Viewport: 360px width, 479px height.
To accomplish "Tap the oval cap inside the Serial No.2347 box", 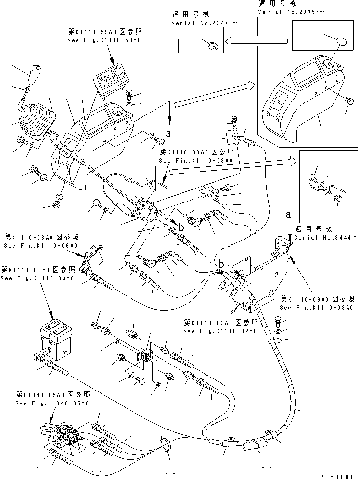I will pyautogui.click(x=212, y=45).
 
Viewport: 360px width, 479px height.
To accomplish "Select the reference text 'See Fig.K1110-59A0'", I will pyautogui.click(x=105, y=41).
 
